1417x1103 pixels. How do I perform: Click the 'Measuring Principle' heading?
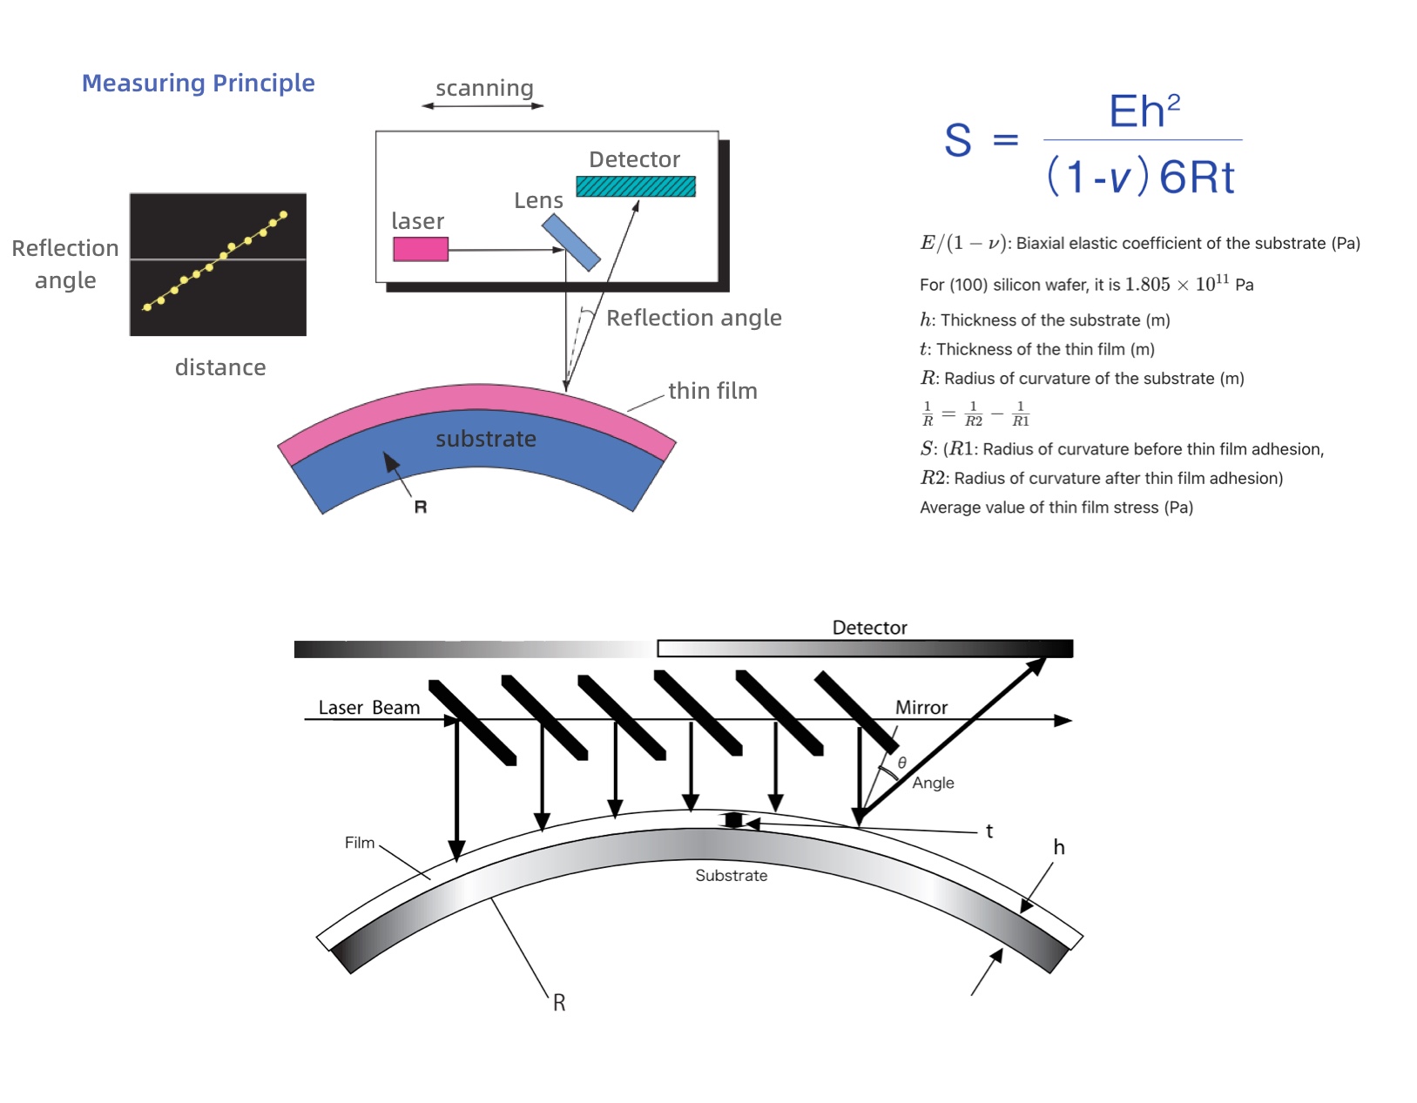[198, 83]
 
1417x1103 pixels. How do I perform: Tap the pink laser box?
[420, 249]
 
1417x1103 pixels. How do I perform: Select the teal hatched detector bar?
[635, 186]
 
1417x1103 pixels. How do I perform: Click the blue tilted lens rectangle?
[570, 243]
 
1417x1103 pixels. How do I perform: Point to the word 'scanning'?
[484, 88]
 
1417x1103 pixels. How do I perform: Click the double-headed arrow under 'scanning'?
[482, 106]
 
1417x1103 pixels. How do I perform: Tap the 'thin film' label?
[712, 391]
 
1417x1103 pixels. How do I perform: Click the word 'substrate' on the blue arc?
[485, 439]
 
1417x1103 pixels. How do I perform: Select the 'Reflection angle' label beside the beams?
[693, 318]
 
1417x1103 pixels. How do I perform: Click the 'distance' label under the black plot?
[220, 367]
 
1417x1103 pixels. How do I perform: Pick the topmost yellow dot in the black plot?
[283, 214]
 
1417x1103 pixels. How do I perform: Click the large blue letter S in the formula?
[958, 140]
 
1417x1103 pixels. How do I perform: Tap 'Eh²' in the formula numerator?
[1144, 111]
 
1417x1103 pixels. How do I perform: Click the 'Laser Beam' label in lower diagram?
[368, 708]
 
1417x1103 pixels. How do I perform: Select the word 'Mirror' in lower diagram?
[921, 708]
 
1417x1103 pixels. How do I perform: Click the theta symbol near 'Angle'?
[902, 763]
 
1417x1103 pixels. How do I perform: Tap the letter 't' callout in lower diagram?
[989, 831]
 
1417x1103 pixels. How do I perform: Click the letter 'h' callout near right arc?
[1058, 847]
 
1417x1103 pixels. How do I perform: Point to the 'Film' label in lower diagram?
[359, 843]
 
